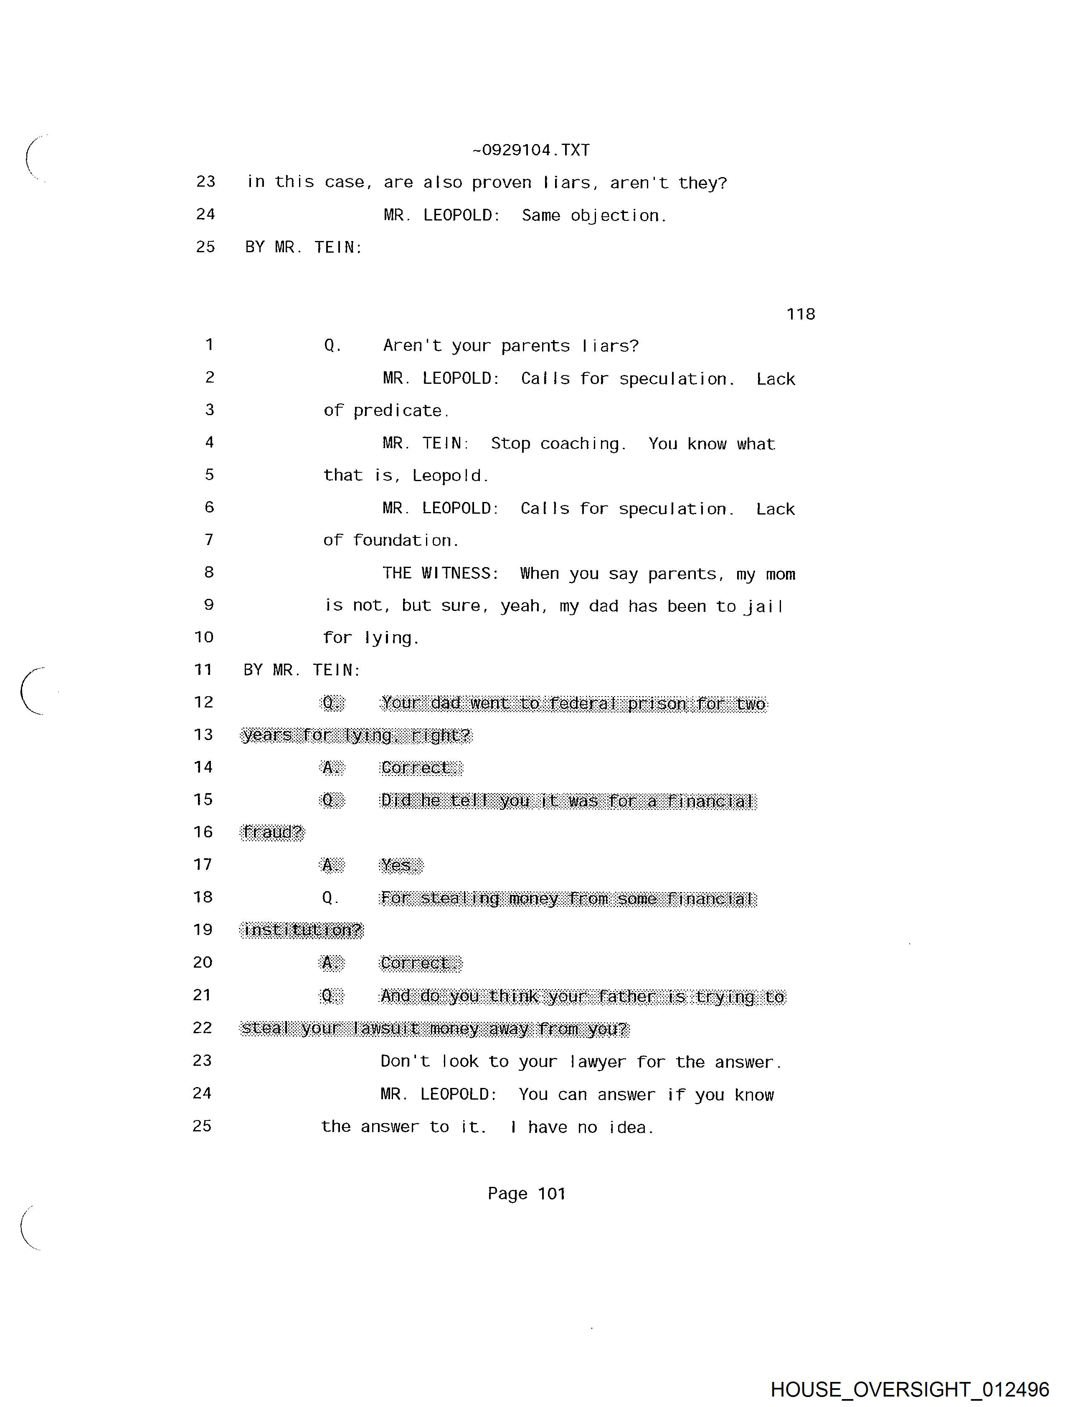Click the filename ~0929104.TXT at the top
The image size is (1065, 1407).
531,150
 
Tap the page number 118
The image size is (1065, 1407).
800,314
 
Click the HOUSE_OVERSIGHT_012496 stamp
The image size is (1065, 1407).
909,1389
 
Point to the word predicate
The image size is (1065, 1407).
400,411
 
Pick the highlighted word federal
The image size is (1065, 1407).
583,703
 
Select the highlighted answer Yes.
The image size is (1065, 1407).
400,866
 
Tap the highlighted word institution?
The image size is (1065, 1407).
302,930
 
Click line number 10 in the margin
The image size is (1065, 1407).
203,637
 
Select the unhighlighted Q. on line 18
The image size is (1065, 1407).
330,898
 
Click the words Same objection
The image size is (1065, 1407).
593,215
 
